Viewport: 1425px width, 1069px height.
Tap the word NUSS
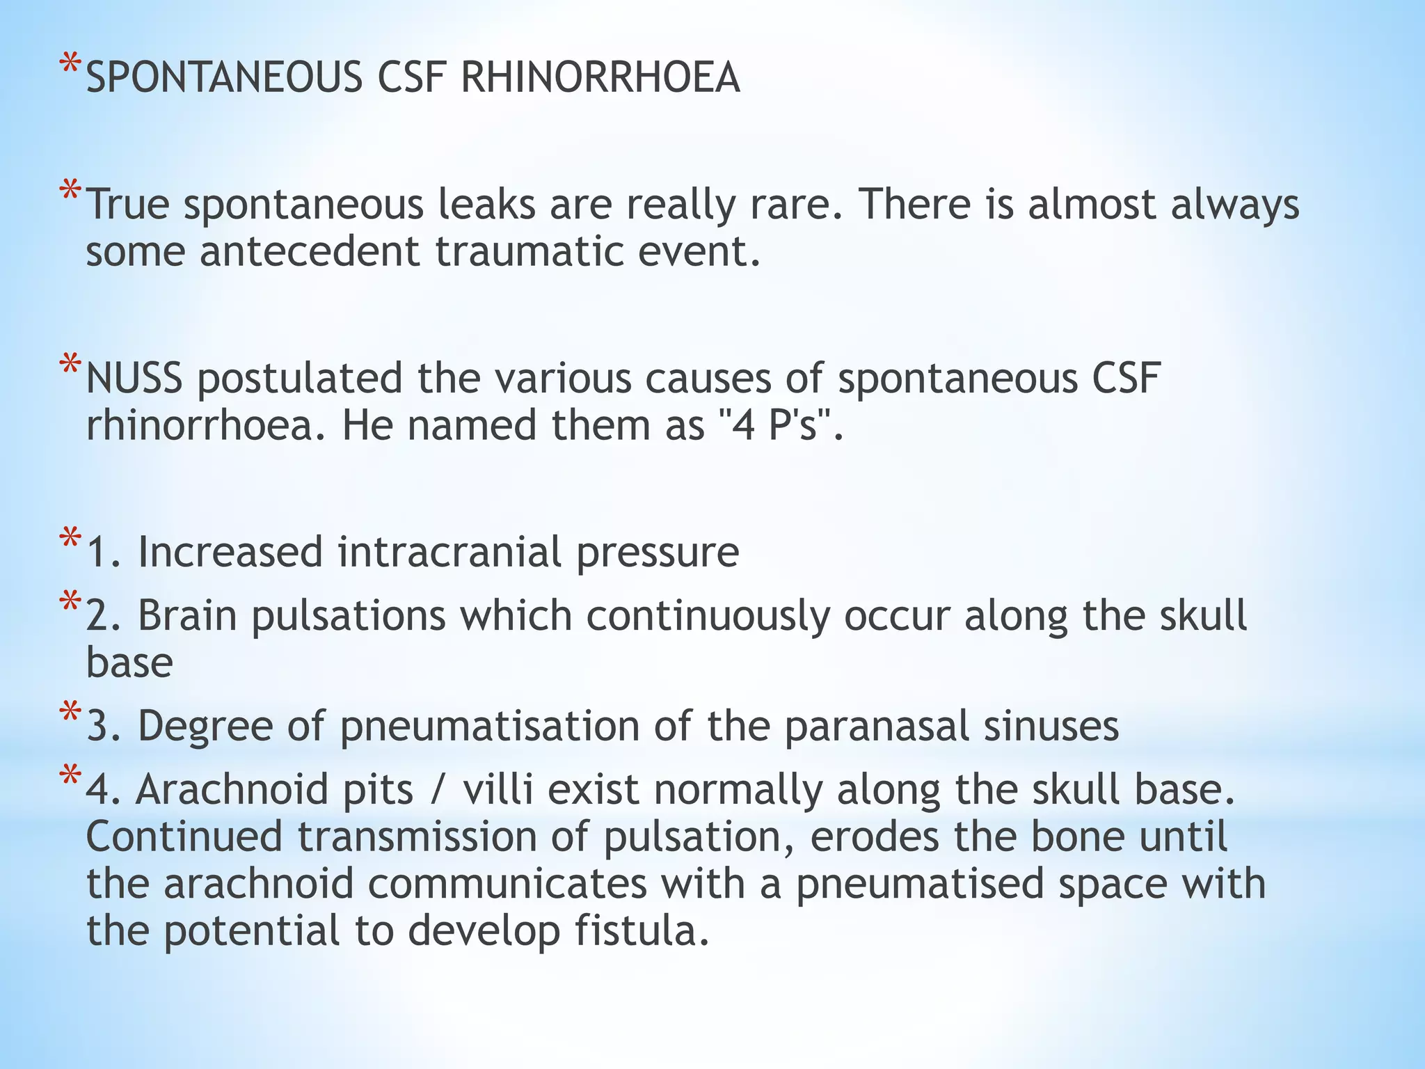[x=134, y=379]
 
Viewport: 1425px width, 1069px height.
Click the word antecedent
[x=310, y=251]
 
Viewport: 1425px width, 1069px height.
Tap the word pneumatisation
[x=490, y=726]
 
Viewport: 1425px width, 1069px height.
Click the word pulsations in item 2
[x=349, y=617]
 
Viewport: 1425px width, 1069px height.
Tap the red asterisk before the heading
[x=70, y=66]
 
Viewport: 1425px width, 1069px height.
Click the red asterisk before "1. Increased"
[x=70, y=540]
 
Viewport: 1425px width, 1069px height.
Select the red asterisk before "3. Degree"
[x=70, y=714]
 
